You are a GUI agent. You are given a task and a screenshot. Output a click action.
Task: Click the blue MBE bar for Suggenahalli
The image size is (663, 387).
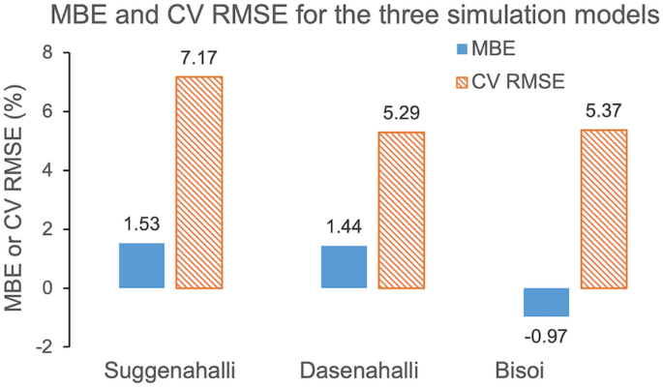(x=141, y=265)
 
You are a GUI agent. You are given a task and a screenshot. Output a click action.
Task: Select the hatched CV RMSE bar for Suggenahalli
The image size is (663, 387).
(x=198, y=182)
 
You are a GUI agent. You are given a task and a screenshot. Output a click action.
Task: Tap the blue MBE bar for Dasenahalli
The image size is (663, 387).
(x=344, y=267)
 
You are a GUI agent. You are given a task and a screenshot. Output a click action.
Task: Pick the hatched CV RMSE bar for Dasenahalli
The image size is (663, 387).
(x=401, y=210)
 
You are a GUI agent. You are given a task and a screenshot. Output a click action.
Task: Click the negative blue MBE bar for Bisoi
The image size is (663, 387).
(x=546, y=302)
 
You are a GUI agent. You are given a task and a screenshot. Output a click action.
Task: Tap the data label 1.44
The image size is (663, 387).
(x=344, y=229)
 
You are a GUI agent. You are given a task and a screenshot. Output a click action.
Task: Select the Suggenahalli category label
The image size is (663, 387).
(x=171, y=371)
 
